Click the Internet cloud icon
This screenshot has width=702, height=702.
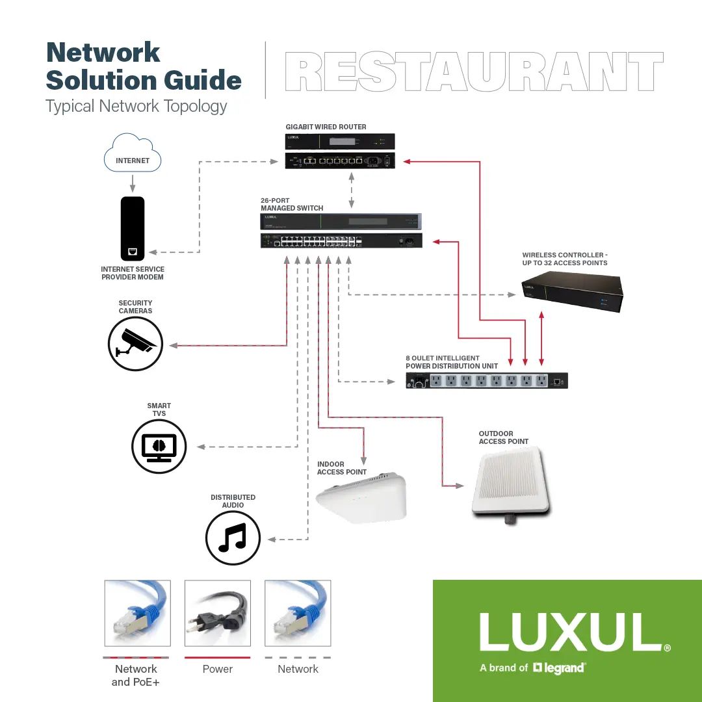133,153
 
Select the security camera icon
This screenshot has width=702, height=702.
135,343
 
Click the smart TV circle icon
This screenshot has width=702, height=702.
159,447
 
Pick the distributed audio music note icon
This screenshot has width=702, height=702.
233,538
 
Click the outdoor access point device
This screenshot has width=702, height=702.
510,485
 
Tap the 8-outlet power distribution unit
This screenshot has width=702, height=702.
487,381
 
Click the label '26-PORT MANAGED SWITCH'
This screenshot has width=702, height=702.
292,204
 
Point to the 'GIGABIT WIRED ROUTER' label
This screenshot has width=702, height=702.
326,127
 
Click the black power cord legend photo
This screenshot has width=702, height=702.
218,614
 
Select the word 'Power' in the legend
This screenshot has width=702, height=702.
218,669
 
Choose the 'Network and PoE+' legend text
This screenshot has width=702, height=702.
136,675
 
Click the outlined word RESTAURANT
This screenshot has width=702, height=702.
474,72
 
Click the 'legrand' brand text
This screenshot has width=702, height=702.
563,668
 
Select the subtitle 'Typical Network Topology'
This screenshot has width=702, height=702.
136,107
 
